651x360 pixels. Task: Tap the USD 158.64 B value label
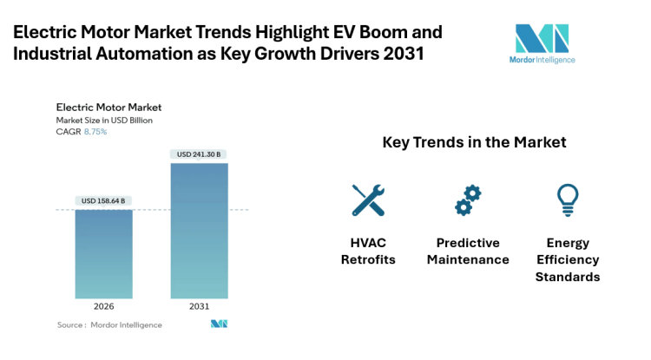[103, 200]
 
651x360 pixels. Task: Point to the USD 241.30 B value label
[200, 154]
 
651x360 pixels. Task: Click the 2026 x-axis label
[103, 306]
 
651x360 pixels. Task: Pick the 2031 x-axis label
[200, 306]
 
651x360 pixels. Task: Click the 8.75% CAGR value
[95, 131]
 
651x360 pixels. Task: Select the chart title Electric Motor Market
[108, 108]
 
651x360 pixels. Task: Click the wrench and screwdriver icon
[368, 200]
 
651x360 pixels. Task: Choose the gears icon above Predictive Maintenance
[468, 200]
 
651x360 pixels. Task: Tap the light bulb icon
[567, 200]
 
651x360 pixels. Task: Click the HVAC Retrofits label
[368, 251]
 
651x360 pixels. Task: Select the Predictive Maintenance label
[468, 251]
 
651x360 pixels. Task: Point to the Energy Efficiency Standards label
[567, 259]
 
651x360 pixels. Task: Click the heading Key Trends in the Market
[474, 142]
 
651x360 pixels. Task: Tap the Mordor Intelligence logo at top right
[542, 43]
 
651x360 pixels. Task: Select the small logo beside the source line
[219, 324]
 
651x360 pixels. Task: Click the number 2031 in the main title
[405, 54]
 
